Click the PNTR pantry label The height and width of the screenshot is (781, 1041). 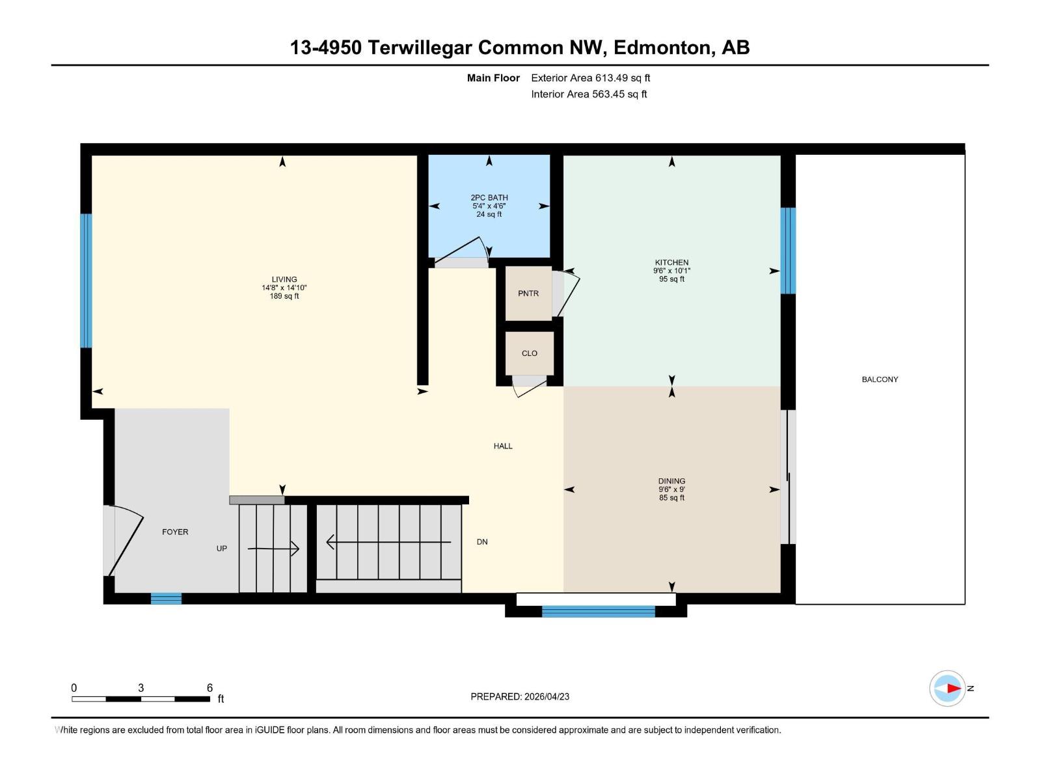[528, 294]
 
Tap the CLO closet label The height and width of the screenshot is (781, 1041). [529, 353]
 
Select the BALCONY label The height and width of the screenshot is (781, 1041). [879, 379]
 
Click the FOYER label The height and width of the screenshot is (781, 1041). [175, 532]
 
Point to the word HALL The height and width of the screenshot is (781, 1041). [503, 446]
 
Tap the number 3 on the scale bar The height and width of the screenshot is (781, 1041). [141, 687]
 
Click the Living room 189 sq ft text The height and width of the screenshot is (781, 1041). [284, 296]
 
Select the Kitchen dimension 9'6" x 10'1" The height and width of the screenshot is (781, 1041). [671, 271]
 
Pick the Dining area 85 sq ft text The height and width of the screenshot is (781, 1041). [671, 498]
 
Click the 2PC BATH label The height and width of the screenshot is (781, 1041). [489, 198]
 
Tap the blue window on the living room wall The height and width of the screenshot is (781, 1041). [86, 281]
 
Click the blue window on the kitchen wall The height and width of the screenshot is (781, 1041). [788, 251]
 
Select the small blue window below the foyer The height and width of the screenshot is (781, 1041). [166, 598]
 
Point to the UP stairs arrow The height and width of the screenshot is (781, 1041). [273, 549]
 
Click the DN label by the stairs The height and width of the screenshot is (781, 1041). [482, 542]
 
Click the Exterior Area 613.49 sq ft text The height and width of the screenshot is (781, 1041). [591, 78]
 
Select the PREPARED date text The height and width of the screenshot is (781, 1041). [520, 696]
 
